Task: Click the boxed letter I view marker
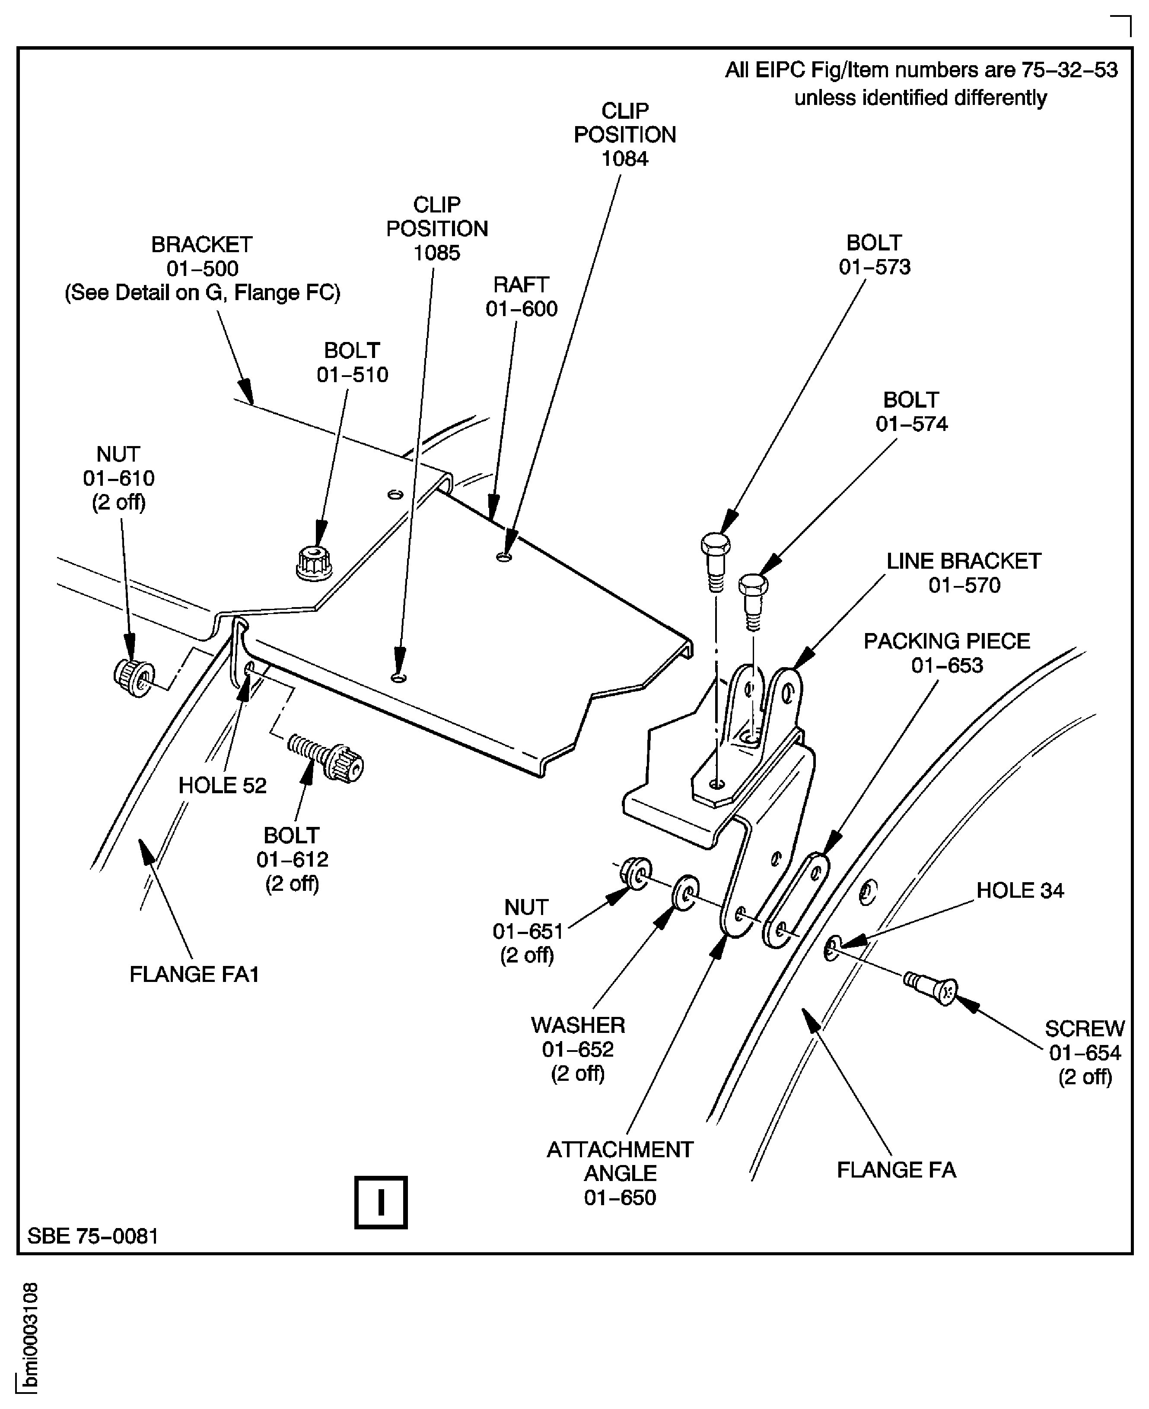click(x=381, y=1202)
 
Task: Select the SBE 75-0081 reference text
click(x=92, y=1236)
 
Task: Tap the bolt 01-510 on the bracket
click(x=314, y=563)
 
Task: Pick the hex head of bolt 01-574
click(x=753, y=585)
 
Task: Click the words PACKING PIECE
click(x=946, y=641)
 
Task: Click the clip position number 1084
click(x=624, y=159)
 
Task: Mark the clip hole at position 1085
click(x=398, y=678)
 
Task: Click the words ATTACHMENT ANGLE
click(x=620, y=1161)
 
